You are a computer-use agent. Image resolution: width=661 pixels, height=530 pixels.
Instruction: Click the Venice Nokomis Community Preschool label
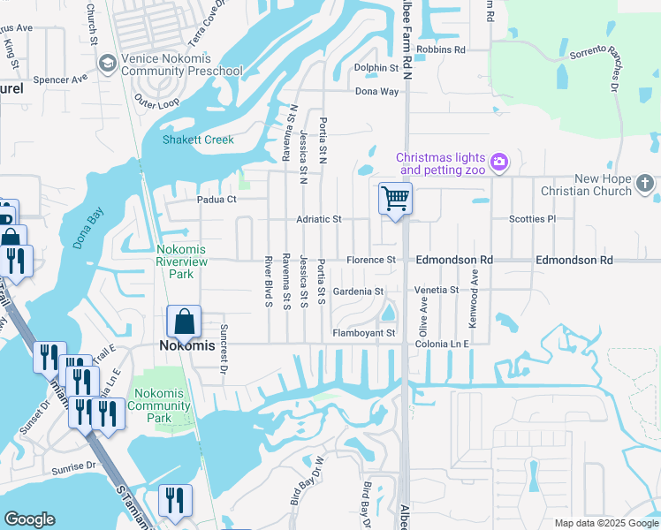pyautogui.click(x=182, y=65)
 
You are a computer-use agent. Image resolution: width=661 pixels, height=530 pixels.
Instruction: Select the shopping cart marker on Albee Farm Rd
pyautogui.click(x=395, y=199)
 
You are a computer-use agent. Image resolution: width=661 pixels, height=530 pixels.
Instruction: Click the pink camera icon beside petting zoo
pyautogui.click(x=499, y=161)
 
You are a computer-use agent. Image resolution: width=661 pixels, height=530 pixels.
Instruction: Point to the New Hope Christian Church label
pyautogui.click(x=602, y=185)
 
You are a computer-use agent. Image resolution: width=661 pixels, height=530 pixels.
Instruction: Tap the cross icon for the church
pyautogui.click(x=645, y=184)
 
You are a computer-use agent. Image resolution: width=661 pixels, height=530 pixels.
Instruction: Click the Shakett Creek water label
pyautogui.click(x=197, y=140)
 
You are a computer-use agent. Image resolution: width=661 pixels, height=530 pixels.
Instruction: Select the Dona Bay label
pyautogui.click(x=89, y=229)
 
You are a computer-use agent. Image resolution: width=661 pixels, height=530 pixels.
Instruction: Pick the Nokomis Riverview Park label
pyautogui.click(x=181, y=261)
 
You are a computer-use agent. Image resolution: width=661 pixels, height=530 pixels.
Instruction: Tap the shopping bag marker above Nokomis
pyautogui.click(x=184, y=322)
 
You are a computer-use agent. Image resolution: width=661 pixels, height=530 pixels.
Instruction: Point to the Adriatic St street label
pyautogui.click(x=318, y=218)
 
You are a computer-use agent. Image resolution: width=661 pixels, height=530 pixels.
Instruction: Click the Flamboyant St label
pyautogui.click(x=362, y=333)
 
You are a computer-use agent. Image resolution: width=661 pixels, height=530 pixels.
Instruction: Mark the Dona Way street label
pyautogui.click(x=376, y=91)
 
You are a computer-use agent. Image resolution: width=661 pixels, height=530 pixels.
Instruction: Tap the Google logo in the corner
pyautogui.click(x=29, y=519)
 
